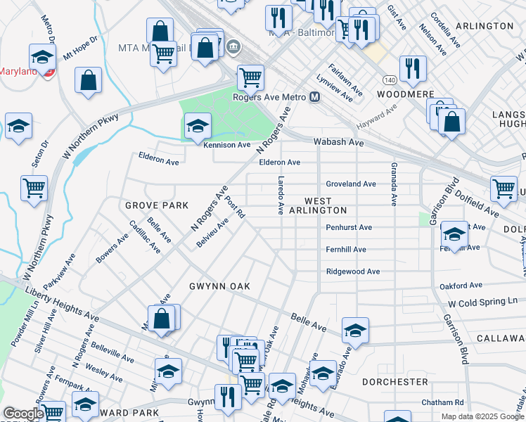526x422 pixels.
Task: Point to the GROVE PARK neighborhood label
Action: pos(157,205)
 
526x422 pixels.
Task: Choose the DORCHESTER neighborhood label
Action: pos(394,381)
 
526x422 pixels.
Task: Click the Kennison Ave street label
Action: pos(226,145)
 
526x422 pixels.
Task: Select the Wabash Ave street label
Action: pos(338,142)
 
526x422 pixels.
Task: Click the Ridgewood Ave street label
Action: pos(352,271)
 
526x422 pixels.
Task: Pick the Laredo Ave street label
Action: pos(281,196)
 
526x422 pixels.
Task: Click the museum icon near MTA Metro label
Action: pos(233,48)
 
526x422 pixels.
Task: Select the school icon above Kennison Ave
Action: pos(198,126)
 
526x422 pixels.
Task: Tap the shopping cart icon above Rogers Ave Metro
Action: pos(250,77)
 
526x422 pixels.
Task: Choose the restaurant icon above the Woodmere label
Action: pos(413,68)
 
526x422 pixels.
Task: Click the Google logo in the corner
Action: pos(23,414)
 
